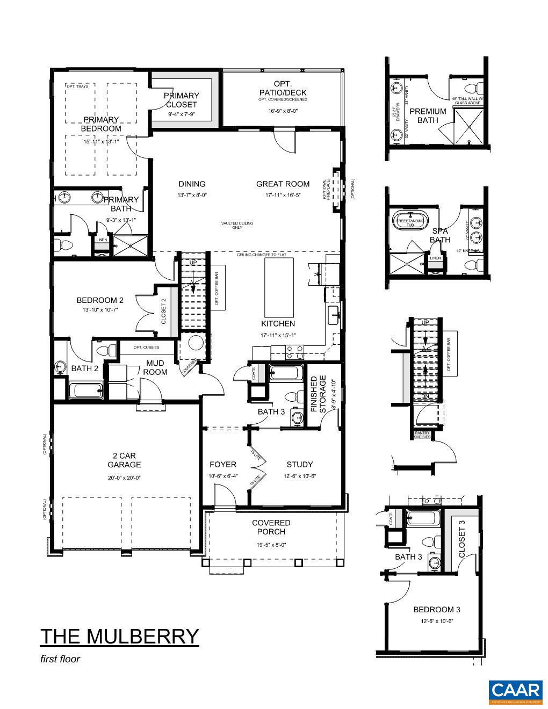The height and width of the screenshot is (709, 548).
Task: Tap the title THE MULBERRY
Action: [x=119, y=636]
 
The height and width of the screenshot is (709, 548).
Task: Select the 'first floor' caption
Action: [x=60, y=659]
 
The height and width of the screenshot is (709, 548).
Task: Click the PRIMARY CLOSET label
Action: [x=182, y=100]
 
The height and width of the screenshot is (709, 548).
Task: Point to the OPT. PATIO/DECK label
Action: [x=283, y=88]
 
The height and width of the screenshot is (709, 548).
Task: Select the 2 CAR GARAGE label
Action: [x=124, y=460]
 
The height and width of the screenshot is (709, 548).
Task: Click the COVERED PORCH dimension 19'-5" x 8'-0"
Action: [x=271, y=545]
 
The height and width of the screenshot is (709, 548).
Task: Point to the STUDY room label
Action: [x=299, y=465]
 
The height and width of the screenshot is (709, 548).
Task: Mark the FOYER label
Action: [x=222, y=465]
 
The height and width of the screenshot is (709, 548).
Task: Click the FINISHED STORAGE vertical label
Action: [x=319, y=394]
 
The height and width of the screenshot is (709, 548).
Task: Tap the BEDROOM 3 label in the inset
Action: [x=436, y=610]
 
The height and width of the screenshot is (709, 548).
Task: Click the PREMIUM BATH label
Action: [x=428, y=115]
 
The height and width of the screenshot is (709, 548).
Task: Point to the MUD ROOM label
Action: [x=155, y=368]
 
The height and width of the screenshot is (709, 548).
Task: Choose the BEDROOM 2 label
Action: [x=100, y=300]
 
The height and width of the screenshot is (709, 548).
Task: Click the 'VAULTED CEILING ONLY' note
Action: [x=237, y=225]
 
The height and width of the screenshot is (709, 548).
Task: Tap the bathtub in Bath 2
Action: [x=86, y=390]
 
